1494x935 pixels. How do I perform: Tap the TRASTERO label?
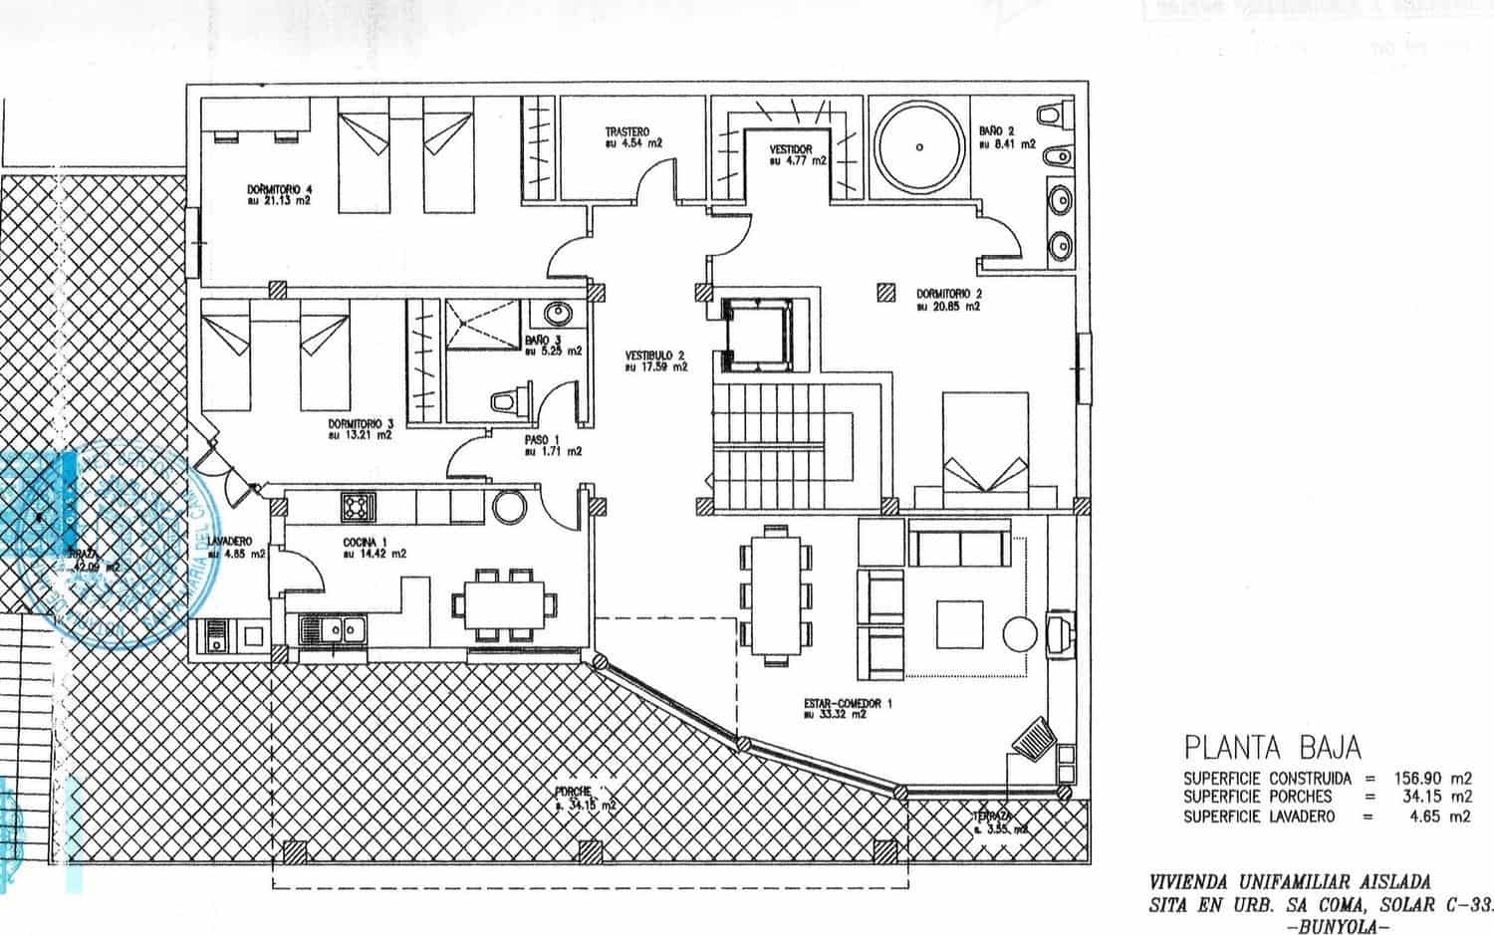627,132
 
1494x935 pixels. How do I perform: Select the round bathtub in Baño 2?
918,146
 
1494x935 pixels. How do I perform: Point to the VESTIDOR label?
792,150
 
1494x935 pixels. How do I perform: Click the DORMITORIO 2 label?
949,295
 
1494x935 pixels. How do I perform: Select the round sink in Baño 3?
556,316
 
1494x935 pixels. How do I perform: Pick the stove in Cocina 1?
357,507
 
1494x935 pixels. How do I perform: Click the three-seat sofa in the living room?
957,547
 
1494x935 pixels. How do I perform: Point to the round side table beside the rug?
1020,633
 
